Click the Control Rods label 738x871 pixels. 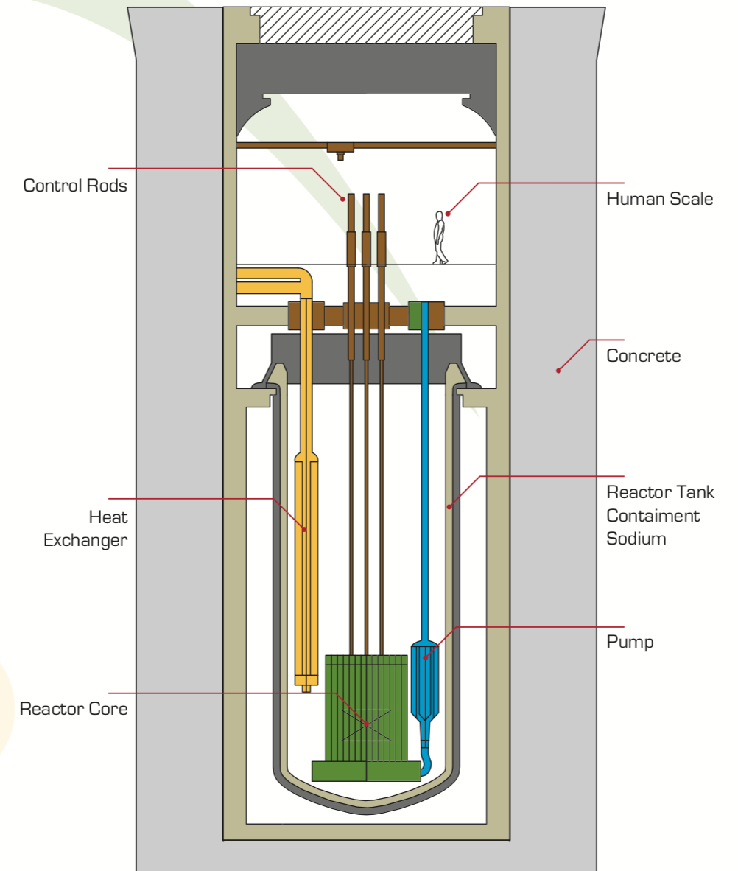75,186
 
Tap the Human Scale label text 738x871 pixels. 659,199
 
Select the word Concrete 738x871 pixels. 643,357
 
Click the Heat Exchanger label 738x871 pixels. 85,529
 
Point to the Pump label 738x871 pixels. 630,642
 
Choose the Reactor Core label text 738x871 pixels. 74,710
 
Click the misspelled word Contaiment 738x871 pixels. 653,515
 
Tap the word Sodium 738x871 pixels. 636,539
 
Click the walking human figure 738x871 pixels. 440,237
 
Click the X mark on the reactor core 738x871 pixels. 366,725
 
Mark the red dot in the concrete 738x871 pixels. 558,370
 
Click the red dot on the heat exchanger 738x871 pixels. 305,529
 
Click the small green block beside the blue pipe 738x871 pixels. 415,315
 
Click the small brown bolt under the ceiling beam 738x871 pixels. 340,155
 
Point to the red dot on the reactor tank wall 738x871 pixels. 449,506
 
